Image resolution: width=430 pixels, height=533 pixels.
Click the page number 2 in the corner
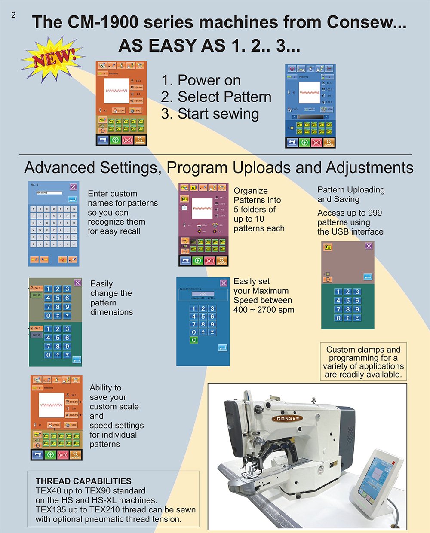[x=13, y=15]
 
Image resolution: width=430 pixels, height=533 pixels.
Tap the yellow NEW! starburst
[x=52, y=59]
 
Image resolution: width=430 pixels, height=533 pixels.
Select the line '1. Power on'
[x=200, y=80]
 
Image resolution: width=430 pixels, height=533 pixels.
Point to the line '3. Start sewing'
[x=210, y=114]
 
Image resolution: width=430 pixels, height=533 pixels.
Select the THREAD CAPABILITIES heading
[x=83, y=481]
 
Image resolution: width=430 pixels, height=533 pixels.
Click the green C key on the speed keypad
[x=194, y=340]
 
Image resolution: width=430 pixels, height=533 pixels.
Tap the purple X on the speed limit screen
[x=223, y=283]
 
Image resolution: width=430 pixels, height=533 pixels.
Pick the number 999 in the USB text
[x=374, y=213]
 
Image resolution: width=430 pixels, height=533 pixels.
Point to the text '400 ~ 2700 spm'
[x=264, y=310]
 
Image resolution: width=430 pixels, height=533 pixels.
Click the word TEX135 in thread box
[x=50, y=510]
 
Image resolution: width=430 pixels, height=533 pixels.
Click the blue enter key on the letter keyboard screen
[x=72, y=199]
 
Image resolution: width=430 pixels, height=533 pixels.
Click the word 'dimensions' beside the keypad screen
[x=111, y=312]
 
